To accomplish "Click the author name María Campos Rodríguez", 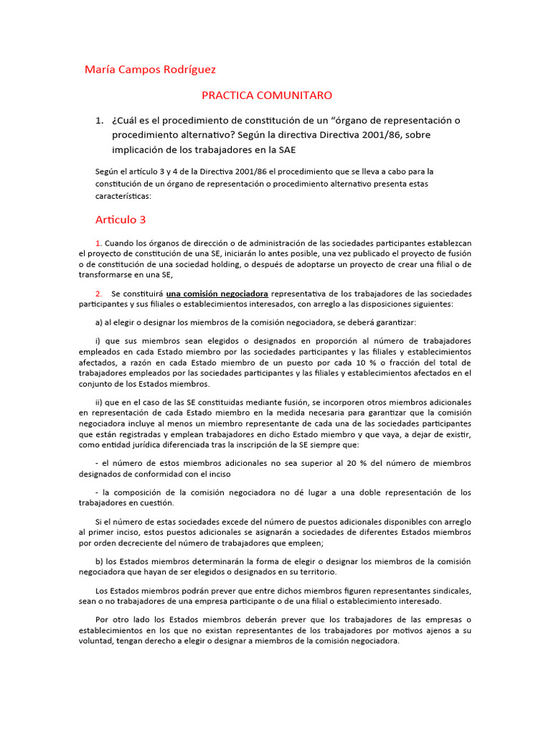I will coord(150,70).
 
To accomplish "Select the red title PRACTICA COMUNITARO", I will coord(266,95).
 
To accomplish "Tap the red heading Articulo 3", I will coord(121,220).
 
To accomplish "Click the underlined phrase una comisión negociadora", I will coord(217,294).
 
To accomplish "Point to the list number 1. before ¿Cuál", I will coord(100,120).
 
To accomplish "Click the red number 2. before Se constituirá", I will coord(99,294).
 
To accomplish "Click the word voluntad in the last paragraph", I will coord(98,641).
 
